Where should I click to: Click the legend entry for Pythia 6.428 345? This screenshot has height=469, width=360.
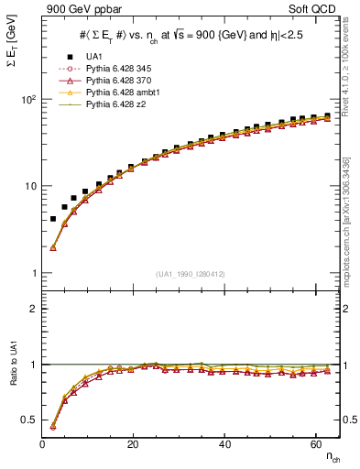[x=121, y=69]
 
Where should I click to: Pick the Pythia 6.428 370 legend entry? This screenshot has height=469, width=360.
[x=121, y=81]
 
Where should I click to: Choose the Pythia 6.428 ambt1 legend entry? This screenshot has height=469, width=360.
[x=124, y=93]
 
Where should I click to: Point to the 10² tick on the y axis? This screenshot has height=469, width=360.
[x=27, y=100]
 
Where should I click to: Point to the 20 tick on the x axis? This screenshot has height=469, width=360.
[x=133, y=445]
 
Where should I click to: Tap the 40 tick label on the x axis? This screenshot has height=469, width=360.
[x=223, y=445]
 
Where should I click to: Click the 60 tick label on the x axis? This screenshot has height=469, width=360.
[x=313, y=445]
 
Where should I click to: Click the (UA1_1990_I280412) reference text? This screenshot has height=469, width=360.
[x=191, y=274]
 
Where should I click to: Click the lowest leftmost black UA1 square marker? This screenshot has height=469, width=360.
[x=53, y=219]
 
